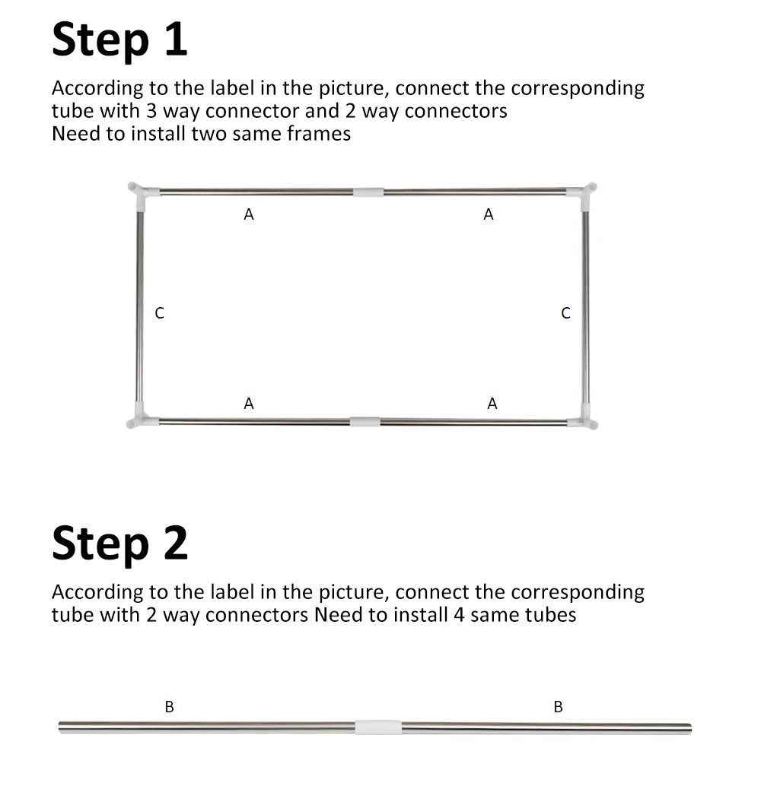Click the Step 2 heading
pos(119,544)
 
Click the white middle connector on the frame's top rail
pos(368,192)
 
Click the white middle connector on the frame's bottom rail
pos(365,421)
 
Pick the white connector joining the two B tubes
pos(378,727)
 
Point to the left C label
pos(159,313)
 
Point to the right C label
pos(566,313)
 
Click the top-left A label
pos(249,214)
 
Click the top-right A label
pos(489,214)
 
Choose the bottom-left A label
pos(249,404)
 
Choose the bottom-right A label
pos(492,404)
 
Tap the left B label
pos(170,707)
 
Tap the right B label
pos(559,707)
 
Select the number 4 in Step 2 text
pos(459,615)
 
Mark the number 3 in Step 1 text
pos(151,111)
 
